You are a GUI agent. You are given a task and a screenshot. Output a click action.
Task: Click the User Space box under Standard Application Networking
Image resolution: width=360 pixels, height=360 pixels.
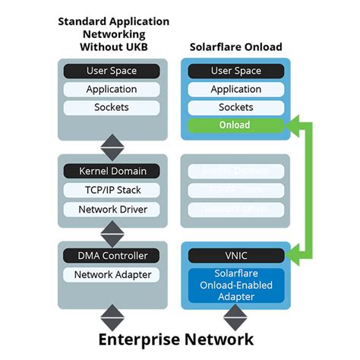(x=111, y=71)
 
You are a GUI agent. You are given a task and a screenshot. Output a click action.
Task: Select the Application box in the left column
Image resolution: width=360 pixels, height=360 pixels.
(x=111, y=89)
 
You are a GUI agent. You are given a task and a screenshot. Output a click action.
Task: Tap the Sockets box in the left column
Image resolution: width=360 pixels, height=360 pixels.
(x=111, y=107)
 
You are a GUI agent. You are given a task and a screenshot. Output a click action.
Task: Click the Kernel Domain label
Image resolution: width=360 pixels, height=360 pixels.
(x=111, y=171)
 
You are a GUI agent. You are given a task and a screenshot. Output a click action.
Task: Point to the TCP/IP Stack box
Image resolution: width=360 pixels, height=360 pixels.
(x=111, y=190)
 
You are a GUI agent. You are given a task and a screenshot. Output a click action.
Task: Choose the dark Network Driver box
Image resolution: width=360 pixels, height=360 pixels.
(x=111, y=209)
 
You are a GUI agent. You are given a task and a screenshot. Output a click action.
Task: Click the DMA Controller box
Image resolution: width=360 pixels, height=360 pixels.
(x=111, y=256)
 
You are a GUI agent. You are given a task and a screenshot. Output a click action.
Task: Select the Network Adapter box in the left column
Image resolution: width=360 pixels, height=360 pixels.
(x=111, y=275)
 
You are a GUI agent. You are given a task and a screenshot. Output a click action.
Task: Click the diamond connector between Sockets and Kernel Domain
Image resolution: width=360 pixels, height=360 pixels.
(x=111, y=145)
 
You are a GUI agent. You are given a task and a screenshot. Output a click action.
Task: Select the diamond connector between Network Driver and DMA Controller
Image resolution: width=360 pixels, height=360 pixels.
(x=111, y=232)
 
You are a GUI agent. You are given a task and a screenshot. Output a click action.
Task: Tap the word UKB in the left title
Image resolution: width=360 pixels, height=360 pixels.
(x=134, y=47)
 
